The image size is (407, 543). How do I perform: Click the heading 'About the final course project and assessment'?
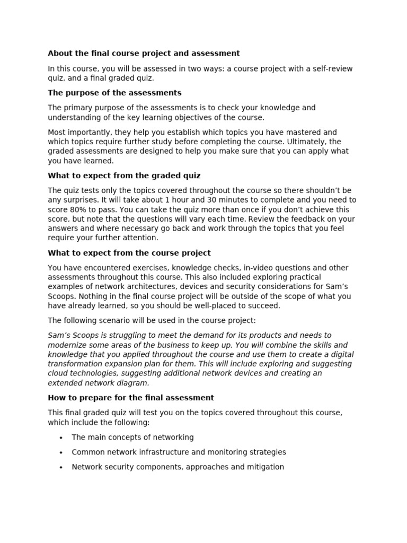[x=144, y=53]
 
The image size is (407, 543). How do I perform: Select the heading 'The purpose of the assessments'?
[x=114, y=93]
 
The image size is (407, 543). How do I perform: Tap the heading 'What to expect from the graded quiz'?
[x=124, y=176]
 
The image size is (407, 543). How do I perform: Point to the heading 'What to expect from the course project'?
[x=129, y=253]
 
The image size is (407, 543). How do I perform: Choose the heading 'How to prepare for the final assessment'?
[x=131, y=398]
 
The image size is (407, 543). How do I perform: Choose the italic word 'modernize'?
[x=67, y=345]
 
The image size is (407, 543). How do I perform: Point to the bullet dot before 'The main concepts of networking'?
[x=61, y=437]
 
